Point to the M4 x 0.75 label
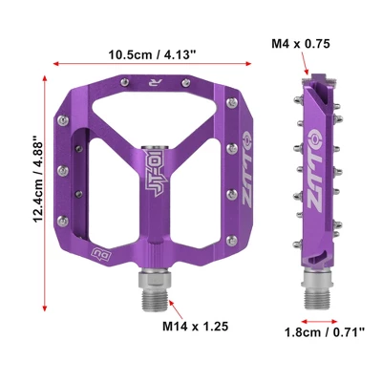pos(300,44)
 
